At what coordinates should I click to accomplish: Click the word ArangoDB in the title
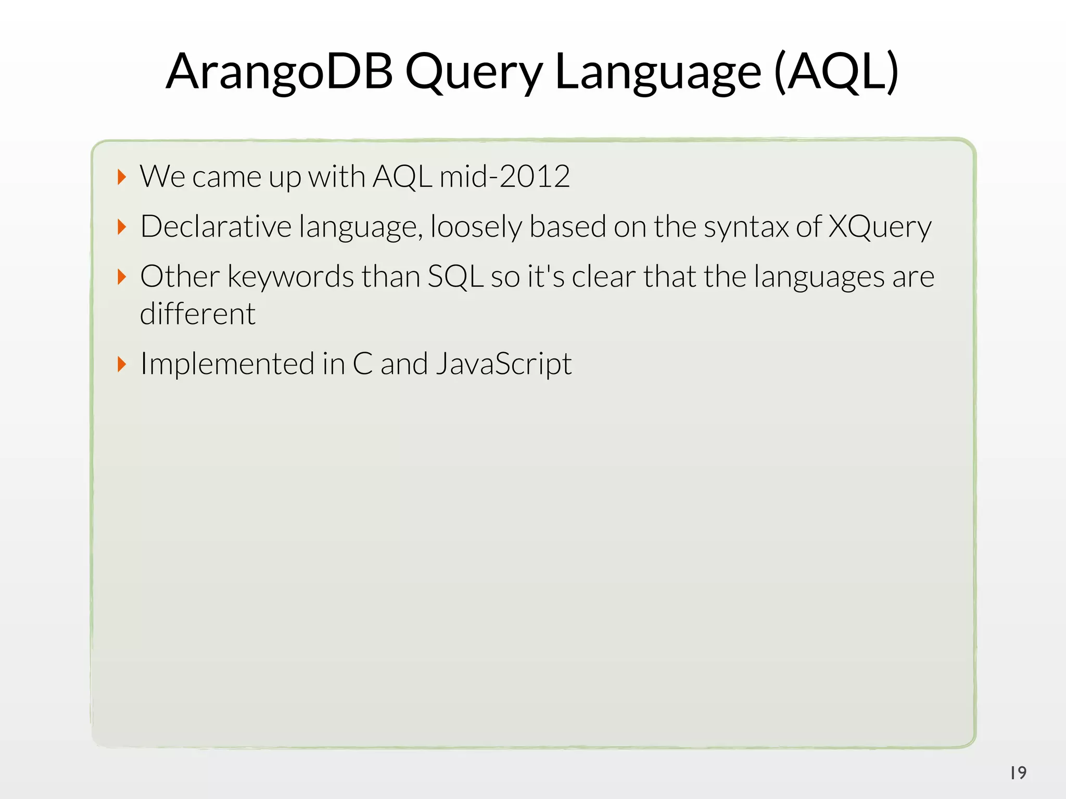click(280, 72)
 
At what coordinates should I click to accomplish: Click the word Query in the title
click(474, 73)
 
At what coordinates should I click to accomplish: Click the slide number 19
click(1018, 773)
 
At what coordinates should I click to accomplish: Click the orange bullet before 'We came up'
click(122, 177)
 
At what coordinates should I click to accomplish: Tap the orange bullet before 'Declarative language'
click(122, 227)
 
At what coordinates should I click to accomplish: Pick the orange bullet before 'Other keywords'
click(122, 277)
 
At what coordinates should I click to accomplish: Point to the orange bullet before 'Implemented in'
click(122, 364)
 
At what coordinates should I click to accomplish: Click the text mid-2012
click(504, 177)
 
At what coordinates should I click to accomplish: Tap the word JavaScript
click(503, 364)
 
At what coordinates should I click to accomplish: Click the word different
click(198, 314)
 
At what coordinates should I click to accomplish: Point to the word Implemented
click(227, 364)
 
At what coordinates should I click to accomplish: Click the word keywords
click(291, 277)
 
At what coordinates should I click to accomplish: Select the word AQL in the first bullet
click(402, 177)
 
